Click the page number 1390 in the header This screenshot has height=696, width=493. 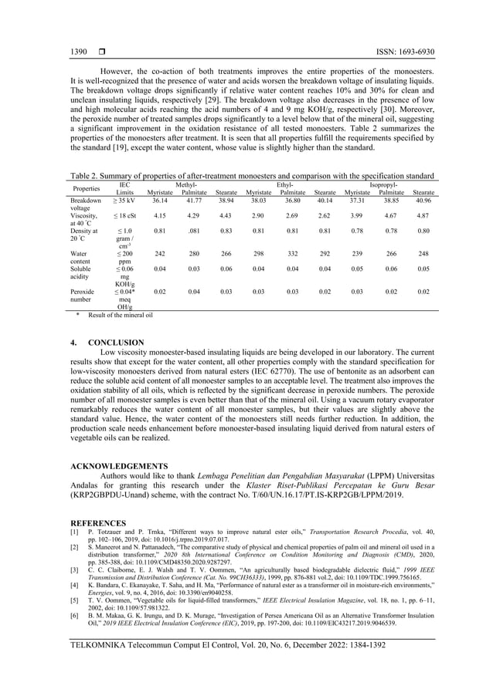(78, 52)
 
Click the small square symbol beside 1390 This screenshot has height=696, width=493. (101, 52)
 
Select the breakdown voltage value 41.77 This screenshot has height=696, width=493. (193, 200)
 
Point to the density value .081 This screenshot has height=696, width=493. (193, 231)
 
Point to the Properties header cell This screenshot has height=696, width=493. (86, 188)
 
